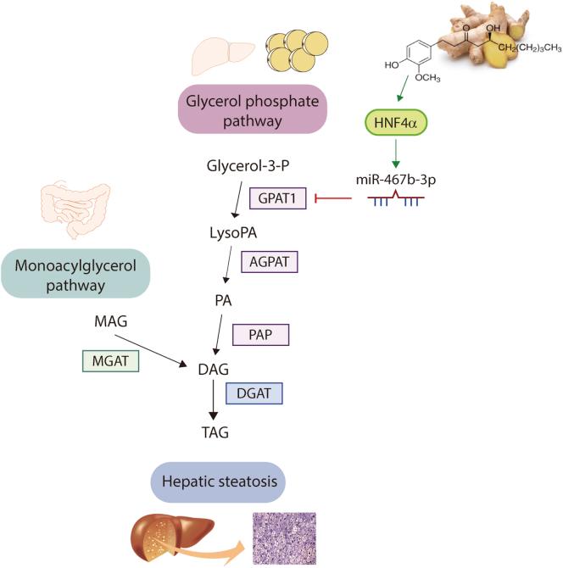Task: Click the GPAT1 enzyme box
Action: point(276,201)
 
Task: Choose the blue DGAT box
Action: point(254,393)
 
